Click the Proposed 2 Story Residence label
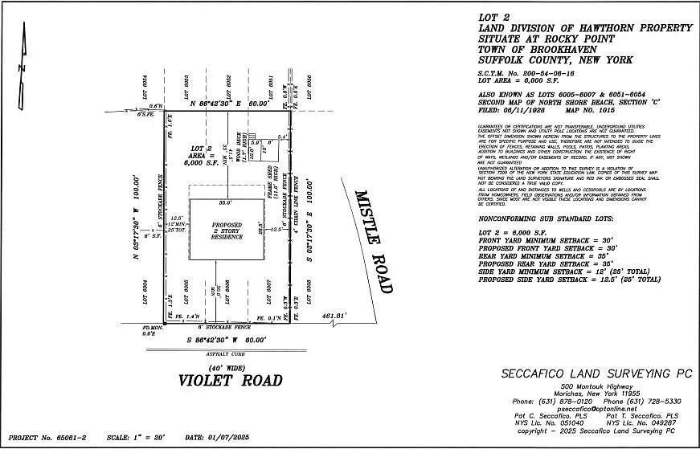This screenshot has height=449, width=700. (x=227, y=230)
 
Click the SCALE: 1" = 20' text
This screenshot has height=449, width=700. (x=141, y=438)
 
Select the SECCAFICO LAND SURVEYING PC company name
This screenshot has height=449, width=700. (x=585, y=373)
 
